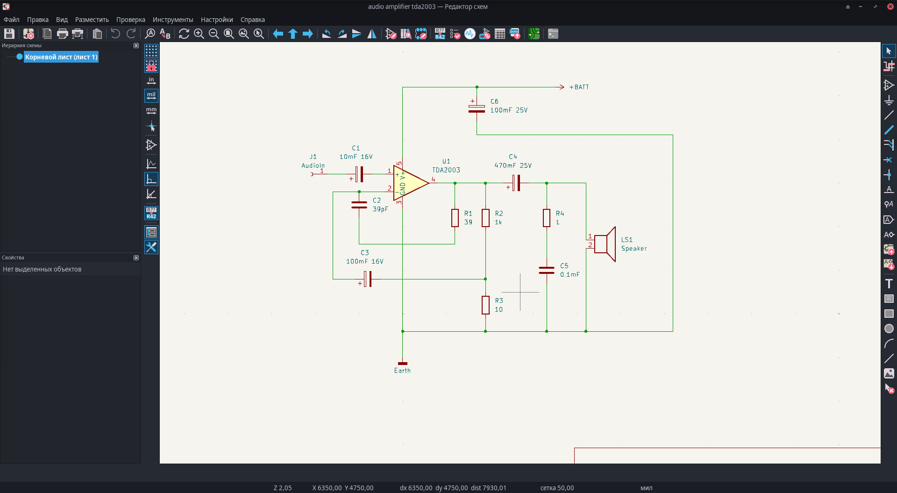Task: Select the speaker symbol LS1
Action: pyautogui.click(x=605, y=244)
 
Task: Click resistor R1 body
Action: pyautogui.click(x=455, y=218)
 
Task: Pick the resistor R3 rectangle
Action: pyautogui.click(x=486, y=305)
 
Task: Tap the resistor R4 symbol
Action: pyautogui.click(x=547, y=218)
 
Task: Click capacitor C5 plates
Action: pyautogui.click(x=547, y=270)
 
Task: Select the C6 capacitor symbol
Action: pyautogui.click(x=477, y=108)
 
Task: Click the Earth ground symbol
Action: pyautogui.click(x=402, y=363)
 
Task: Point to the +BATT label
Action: pyautogui.click(x=579, y=87)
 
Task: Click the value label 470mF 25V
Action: pyautogui.click(x=513, y=165)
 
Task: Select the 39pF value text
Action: pyautogui.click(x=380, y=209)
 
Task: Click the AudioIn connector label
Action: pyautogui.click(x=313, y=165)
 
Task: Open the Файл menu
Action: pyautogui.click(x=12, y=20)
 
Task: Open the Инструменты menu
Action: pyautogui.click(x=173, y=20)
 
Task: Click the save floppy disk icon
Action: pyautogui.click(x=9, y=34)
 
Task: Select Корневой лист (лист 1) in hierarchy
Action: pyautogui.click(x=61, y=57)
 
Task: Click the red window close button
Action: pyautogui.click(x=890, y=7)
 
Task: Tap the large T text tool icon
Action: pyautogui.click(x=889, y=284)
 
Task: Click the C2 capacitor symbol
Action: pyautogui.click(x=359, y=205)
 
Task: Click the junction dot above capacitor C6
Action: pyautogui.click(x=477, y=87)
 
